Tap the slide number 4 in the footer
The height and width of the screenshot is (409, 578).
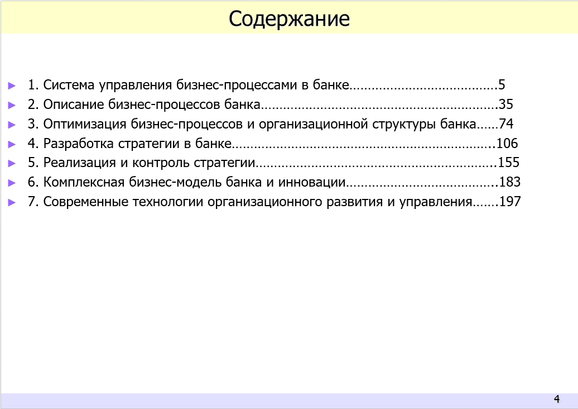coord(556,399)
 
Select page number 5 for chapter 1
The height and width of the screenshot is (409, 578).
coord(502,85)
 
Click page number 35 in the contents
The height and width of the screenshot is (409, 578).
coord(506,104)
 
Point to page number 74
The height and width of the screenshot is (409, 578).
coord(506,124)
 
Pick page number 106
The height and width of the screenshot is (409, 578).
coord(507,144)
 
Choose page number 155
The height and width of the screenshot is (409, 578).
coord(508,163)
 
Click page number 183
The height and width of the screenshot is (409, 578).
coord(509,182)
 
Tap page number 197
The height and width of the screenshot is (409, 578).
coord(510,202)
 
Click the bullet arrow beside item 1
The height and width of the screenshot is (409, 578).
coord(12,85)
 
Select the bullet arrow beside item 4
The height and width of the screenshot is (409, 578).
coord(12,144)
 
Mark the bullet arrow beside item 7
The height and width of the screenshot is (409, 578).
coord(12,202)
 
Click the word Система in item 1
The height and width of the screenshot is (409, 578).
coord(69,85)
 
